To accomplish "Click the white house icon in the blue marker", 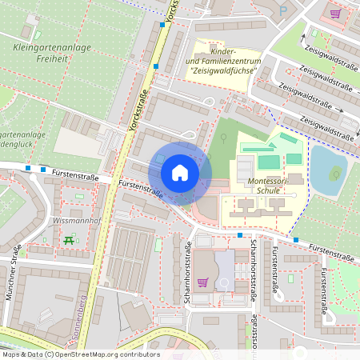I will click(180, 173).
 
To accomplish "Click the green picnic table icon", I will click(69, 239).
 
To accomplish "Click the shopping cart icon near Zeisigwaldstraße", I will click(334, 13).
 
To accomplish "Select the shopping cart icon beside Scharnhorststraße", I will click(203, 282).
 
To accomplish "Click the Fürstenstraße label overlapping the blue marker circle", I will click(141, 189).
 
